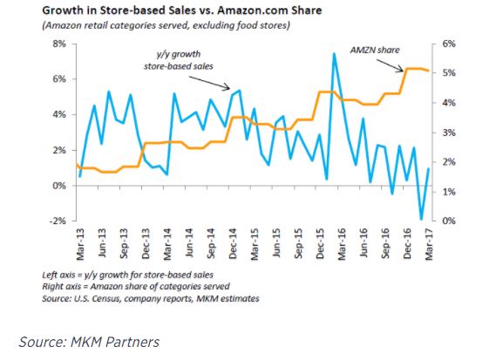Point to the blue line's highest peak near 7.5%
[334, 54]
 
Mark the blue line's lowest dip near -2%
[421, 220]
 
